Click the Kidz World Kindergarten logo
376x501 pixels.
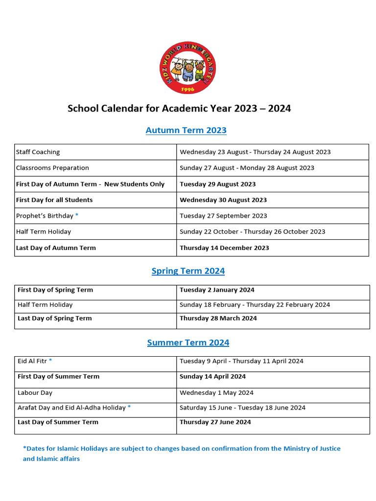click(x=188, y=68)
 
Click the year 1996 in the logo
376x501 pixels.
click(x=188, y=89)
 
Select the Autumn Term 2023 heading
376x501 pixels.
click(x=186, y=130)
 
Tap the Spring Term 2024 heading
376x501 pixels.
click(x=188, y=271)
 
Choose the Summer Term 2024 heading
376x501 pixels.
click(x=188, y=342)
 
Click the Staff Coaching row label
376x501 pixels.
click(x=38, y=152)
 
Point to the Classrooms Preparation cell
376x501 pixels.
click(x=52, y=168)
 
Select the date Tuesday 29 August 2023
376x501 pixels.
click(x=217, y=184)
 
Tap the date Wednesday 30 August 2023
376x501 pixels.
click(x=223, y=200)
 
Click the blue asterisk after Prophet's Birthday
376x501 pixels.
click(x=76, y=215)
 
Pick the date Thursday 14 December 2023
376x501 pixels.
click(x=224, y=248)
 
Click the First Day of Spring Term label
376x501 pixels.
click(x=55, y=290)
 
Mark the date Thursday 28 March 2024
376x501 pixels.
click(x=218, y=318)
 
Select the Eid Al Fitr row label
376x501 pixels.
click(x=32, y=361)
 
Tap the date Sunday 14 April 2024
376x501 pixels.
click(x=212, y=376)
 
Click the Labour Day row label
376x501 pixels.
click(x=35, y=392)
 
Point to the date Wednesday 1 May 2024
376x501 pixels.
click(x=216, y=392)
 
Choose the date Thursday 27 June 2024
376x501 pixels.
click(x=215, y=422)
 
